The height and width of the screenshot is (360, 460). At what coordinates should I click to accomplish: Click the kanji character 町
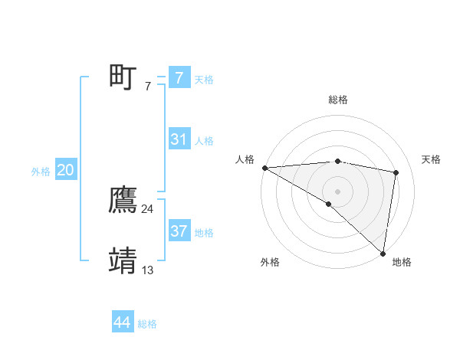tap(123, 77)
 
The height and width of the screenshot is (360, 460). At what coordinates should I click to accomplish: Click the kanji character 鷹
tap(123, 201)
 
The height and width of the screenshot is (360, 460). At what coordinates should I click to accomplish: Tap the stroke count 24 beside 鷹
tap(148, 209)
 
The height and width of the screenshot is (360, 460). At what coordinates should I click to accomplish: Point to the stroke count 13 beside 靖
tap(148, 270)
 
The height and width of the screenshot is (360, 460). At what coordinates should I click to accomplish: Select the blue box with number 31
tap(179, 139)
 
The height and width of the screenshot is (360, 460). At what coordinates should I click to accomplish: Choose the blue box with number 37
tap(179, 231)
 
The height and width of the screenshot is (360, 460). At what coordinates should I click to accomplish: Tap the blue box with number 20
tap(65, 170)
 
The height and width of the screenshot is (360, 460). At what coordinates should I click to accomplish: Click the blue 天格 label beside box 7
tap(204, 79)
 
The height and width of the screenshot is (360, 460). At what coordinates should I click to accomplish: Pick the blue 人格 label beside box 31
tap(204, 141)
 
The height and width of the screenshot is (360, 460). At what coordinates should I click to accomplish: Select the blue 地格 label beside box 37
tap(204, 233)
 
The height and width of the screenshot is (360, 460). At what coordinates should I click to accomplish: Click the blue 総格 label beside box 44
tap(147, 324)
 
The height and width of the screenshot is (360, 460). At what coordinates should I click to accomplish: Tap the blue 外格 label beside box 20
tap(41, 172)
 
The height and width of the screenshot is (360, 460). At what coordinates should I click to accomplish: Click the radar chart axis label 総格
tap(337, 100)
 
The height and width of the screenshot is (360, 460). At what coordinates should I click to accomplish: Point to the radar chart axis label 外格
tap(270, 262)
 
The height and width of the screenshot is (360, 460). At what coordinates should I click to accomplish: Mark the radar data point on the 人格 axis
tap(264, 168)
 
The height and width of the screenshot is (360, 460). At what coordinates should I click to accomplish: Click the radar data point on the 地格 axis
tap(382, 252)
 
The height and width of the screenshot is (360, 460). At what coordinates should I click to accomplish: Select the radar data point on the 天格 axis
tap(396, 172)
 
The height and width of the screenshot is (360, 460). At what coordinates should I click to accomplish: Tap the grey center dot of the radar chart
tap(337, 191)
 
